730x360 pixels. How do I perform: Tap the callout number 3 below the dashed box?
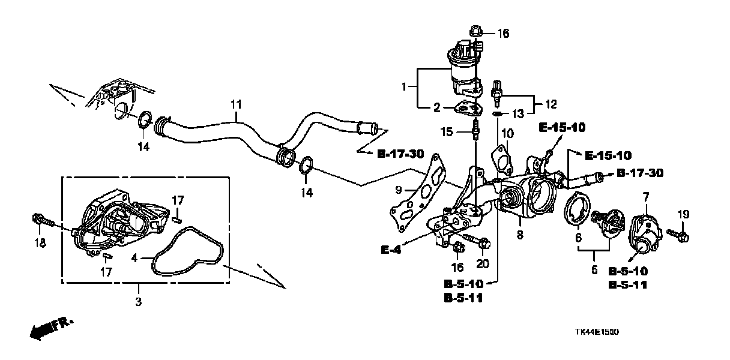(x=138, y=302)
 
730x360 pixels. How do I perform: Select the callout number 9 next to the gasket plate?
(x=399, y=190)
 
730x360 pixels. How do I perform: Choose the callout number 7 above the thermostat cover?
(x=647, y=197)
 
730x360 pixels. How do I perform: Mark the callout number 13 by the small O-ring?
(x=517, y=112)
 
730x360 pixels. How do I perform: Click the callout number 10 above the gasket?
(x=508, y=132)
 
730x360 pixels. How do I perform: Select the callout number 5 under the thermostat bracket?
(x=595, y=270)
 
